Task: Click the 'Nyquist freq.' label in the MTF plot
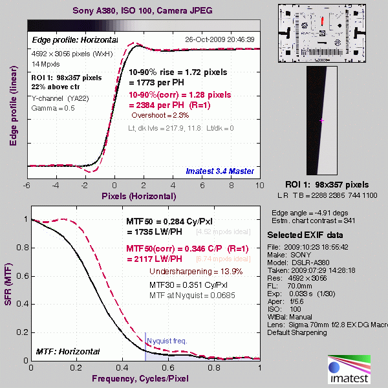pyautogui.click(x=167, y=340)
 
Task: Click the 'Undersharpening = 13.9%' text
pyautogui.click(x=187, y=271)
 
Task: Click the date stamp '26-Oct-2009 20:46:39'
pyautogui.click(x=219, y=39)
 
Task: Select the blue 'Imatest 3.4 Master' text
pyautogui.click(x=219, y=171)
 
